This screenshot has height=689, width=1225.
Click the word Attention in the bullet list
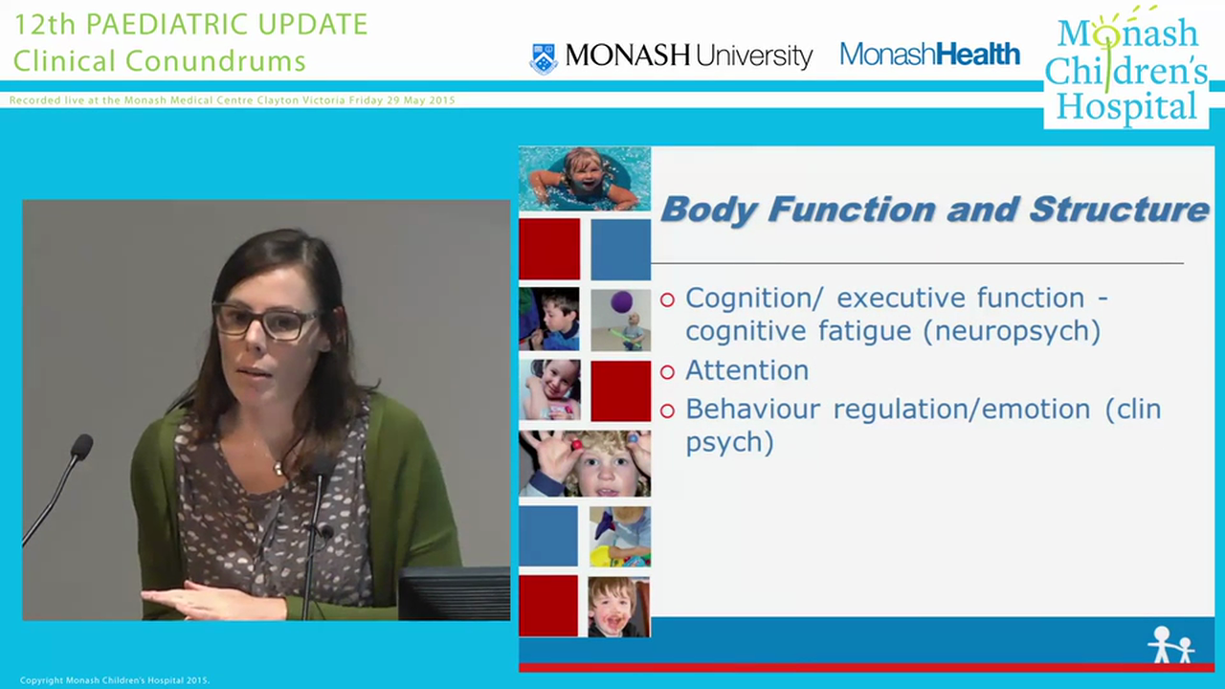[x=746, y=370]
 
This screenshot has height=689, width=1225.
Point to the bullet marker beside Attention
[x=667, y=371]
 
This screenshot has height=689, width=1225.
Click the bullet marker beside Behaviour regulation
[x=667, y=411]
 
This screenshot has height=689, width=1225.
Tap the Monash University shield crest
[x=544, y=57]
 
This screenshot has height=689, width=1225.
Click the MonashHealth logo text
[x=929, y=55]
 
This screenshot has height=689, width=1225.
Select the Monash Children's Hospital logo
[x=1125, y=69]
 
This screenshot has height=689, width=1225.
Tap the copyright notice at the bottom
[x=114, y=680]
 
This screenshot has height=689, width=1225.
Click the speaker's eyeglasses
[x=265, y=322]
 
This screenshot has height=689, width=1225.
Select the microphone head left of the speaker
[x=82, y=446]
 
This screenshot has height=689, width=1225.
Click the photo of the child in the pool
[x=584, y=178]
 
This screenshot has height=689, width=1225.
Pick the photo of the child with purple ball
[x=620, y=319]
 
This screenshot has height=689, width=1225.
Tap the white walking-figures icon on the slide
[x=1170, y=645]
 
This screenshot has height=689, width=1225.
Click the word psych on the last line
[x=729, y=443]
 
